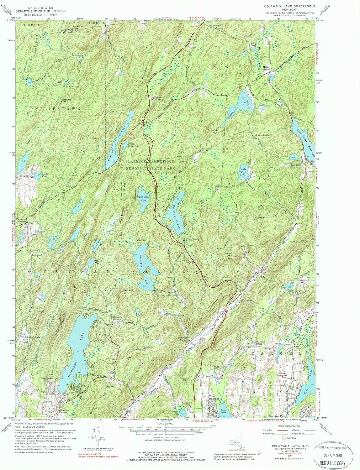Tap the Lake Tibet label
click(x=243, y=170)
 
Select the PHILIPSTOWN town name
click(x=55, y=108)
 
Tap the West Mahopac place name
click(x=214, y=398)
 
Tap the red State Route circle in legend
click(x=284, y=438)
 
